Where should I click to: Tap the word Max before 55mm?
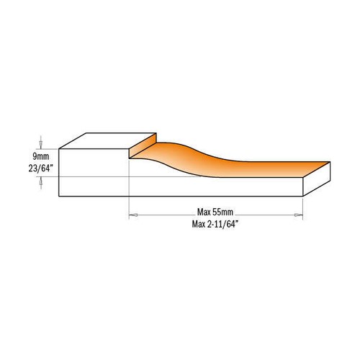[x=204, y=212]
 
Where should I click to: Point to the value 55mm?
[x=225, y=212]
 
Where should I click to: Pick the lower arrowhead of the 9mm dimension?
[x=41, y=180]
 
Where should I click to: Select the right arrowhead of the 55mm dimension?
[x=299, y=214]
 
